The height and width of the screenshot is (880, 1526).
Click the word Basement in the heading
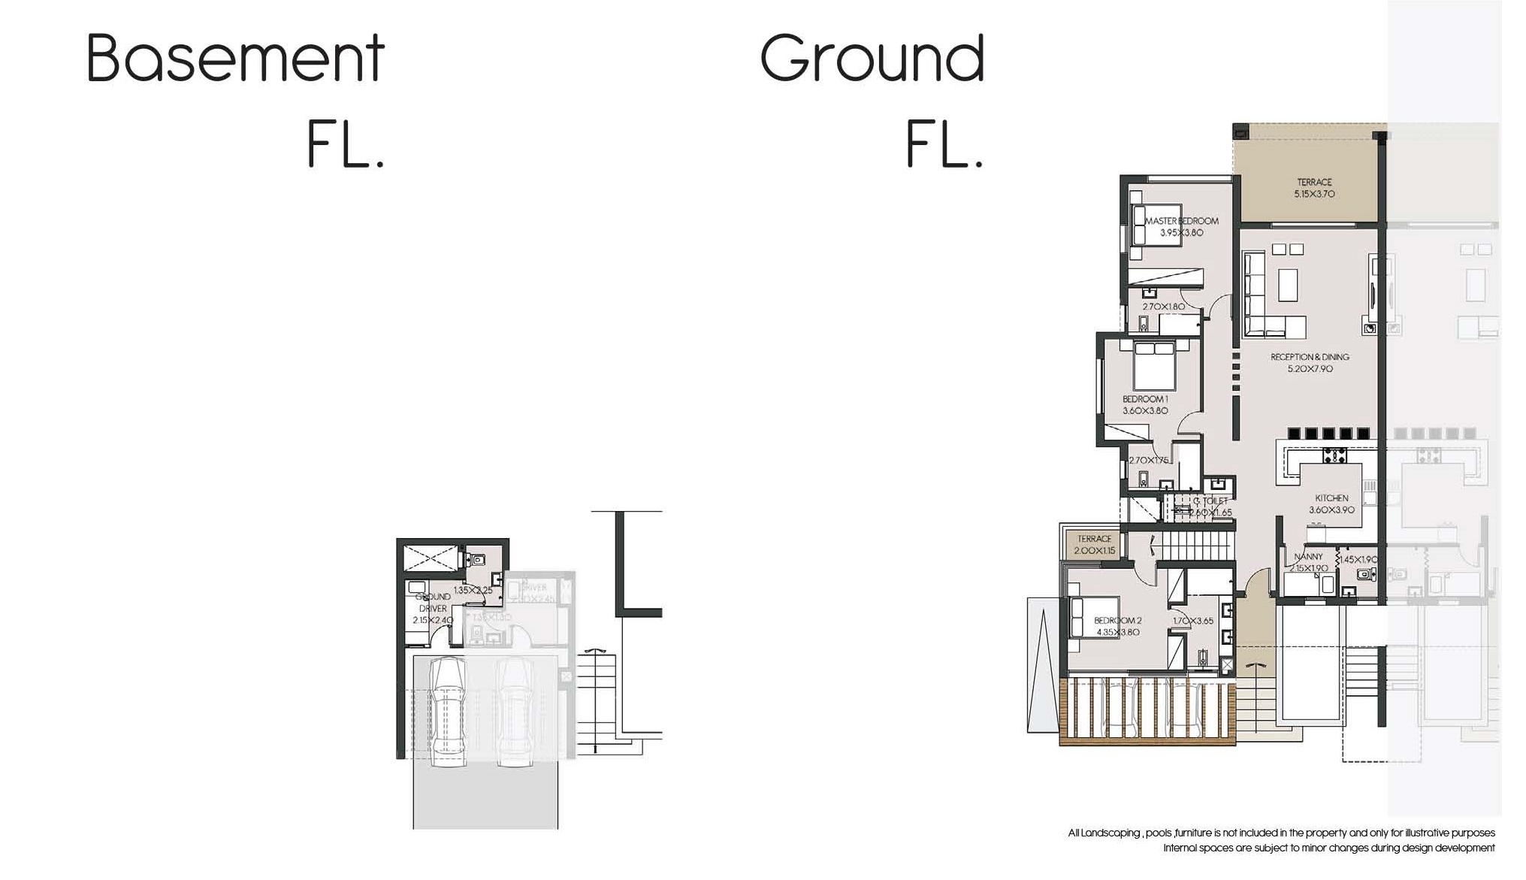click(x=235, y=58)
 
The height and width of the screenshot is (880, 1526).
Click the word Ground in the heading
click(x=872, y=58)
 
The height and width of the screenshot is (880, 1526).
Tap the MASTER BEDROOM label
click(x=1181, y=221)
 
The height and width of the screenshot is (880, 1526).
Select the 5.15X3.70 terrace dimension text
click(x=1314, y=194)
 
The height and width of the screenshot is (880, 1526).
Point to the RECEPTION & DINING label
click(x=1310, y=357)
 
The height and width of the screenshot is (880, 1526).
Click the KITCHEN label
click(x=1331, y=498)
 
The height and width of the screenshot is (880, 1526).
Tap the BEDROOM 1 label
click(x=1145, y=399)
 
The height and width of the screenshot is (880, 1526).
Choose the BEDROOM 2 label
click(x=1117, y=621)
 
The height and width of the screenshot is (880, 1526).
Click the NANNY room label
click(x=1308, y=557)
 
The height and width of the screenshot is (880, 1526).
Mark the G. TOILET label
click(x=1210, y=501)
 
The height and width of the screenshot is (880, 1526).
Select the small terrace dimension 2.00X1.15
click(x=1094, y=551)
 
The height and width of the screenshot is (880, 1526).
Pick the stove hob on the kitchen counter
click(x=1334, y=455)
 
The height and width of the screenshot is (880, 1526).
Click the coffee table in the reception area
click(x=1288, y=285)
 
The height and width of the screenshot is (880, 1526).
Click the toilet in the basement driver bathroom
click(x=476, y=560)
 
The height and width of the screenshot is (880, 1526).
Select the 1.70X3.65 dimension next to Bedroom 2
click(x=1193, y=621)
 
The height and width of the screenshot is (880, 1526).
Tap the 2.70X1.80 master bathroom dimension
click(x=1163, y=307)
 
